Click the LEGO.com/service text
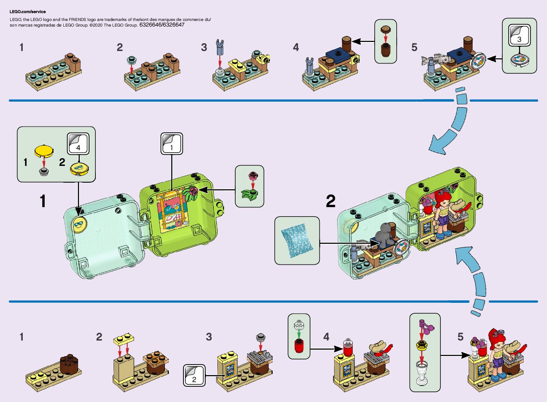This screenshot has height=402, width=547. [28, 12]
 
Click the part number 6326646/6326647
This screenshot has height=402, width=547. [162, 25]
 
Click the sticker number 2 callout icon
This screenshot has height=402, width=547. [194, 375]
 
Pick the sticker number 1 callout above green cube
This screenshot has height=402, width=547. [171, 143]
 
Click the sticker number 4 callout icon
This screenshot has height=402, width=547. [78, 144]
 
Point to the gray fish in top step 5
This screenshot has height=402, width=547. [436, 59]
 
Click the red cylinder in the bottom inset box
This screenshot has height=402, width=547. [299, 346]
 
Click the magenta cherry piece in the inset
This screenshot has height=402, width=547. [427, 326]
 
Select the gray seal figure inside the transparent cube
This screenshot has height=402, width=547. [383, 235]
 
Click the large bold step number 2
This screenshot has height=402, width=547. [330, 202]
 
